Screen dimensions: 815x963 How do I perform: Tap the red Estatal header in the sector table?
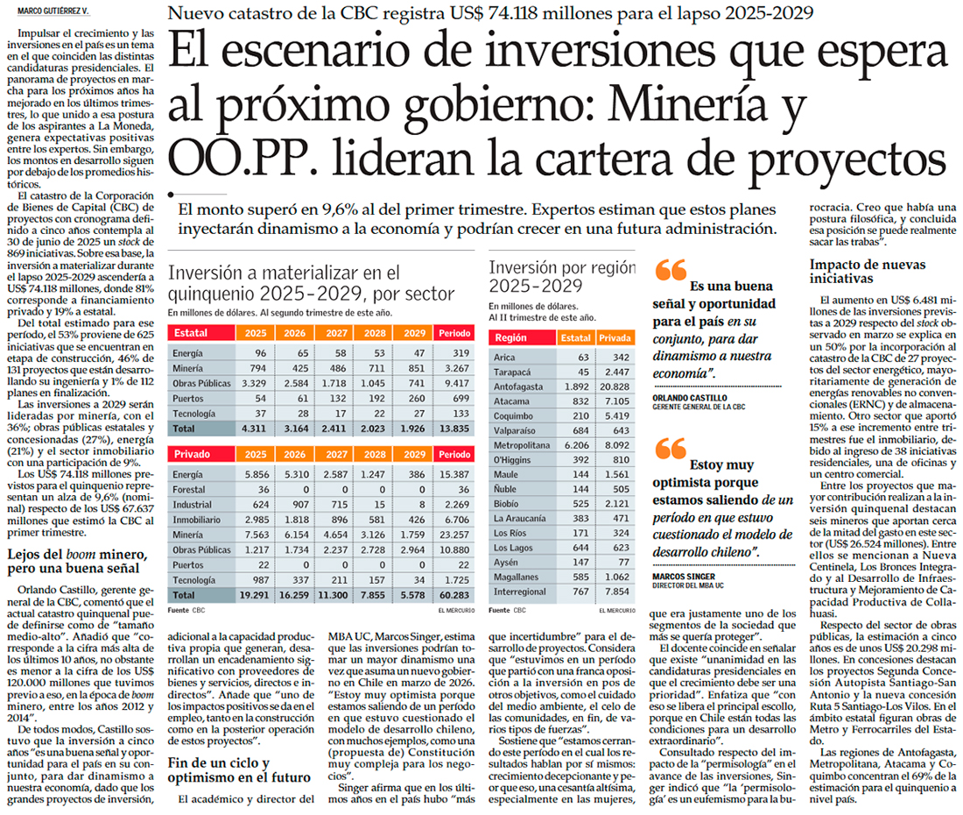[191, 334]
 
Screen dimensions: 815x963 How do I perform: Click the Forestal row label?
[191, 491]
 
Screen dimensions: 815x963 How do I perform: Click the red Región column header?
[510, 337]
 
